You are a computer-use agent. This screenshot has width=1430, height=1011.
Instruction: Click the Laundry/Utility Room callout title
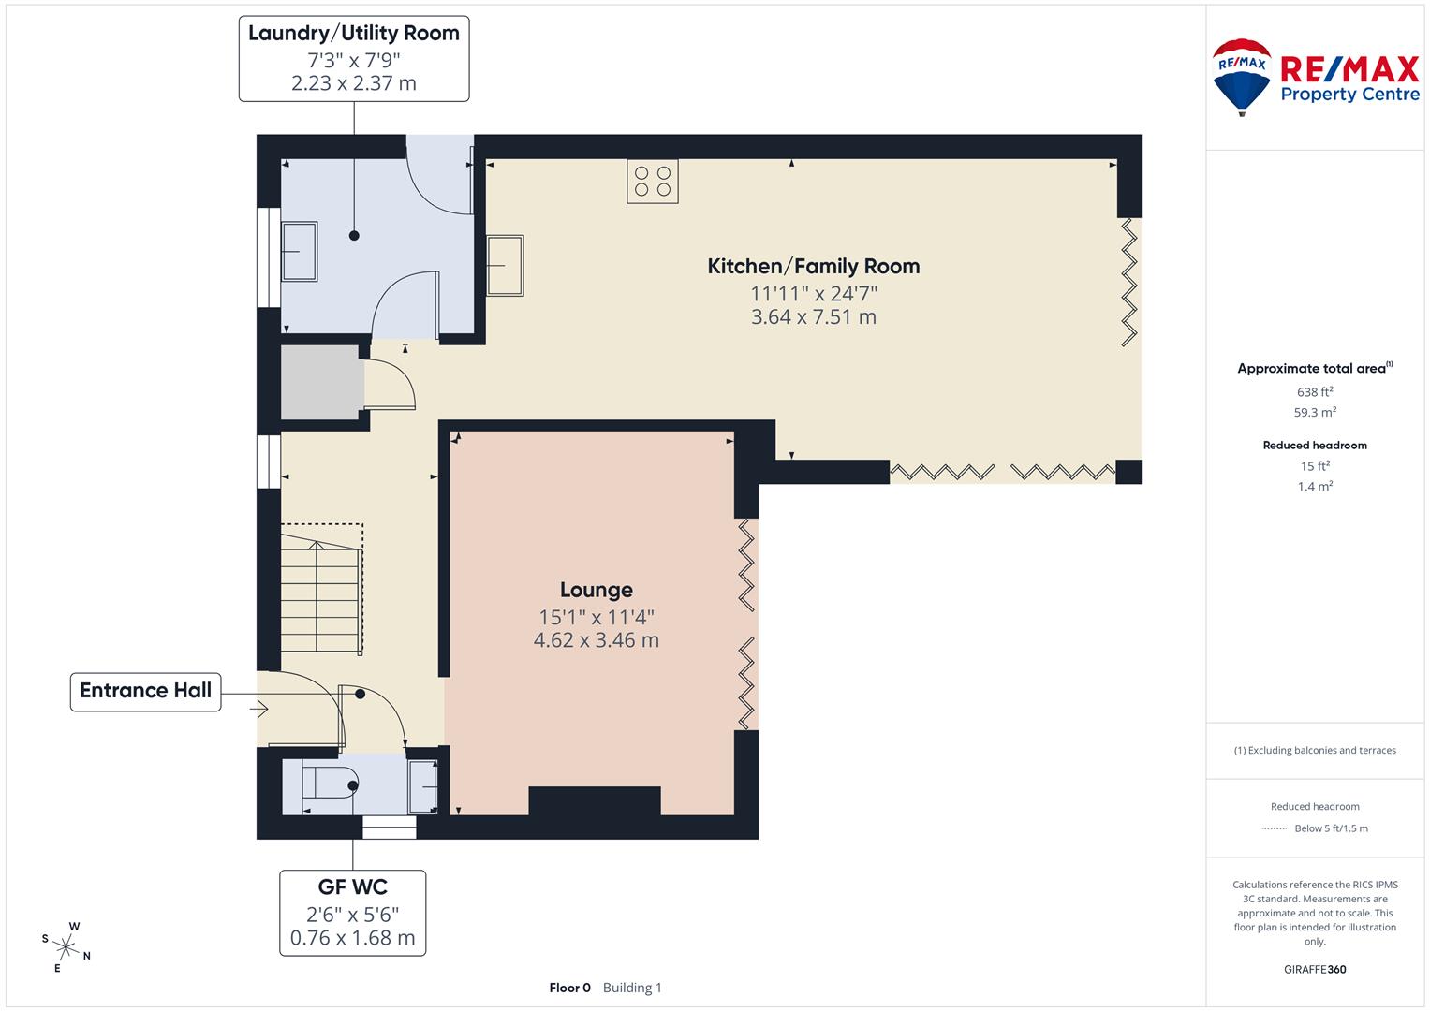click(353, 34)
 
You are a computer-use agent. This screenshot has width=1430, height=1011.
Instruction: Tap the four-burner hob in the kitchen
click(652, 182)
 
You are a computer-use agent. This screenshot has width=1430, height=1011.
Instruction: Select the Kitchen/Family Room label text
click(813, 266)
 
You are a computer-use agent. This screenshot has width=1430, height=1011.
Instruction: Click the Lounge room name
click(596, 590)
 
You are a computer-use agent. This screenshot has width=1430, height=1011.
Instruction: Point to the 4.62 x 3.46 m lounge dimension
click(596, 640)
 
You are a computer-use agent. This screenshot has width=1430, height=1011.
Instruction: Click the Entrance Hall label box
click(145, 691)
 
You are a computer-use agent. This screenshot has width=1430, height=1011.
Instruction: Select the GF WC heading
click(352, 886)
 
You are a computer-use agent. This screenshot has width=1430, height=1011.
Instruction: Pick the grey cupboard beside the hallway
click(321, 382)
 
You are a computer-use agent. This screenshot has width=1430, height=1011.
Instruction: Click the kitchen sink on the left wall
click(505, 265)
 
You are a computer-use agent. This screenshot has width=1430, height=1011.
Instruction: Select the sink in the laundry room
click(300, 251)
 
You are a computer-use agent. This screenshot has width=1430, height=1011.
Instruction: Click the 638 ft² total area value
click(1314, 392)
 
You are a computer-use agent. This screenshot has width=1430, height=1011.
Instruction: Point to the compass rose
click(66, 946)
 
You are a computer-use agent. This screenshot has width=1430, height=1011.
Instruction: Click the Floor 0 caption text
click(569, 988)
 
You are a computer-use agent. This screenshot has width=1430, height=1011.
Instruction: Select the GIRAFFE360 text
click(1314, 969)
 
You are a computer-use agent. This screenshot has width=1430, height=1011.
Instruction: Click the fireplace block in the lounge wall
click(595, 801)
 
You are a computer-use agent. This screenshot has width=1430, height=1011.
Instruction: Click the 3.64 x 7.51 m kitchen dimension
click(813, 317)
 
